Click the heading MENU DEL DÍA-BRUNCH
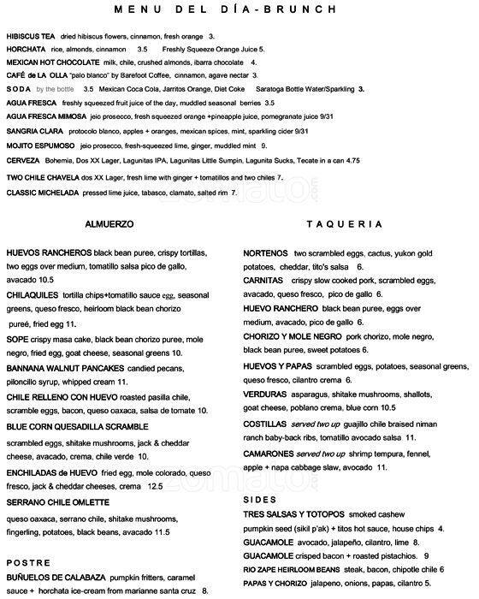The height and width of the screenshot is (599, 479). click(x=239, y=10)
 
